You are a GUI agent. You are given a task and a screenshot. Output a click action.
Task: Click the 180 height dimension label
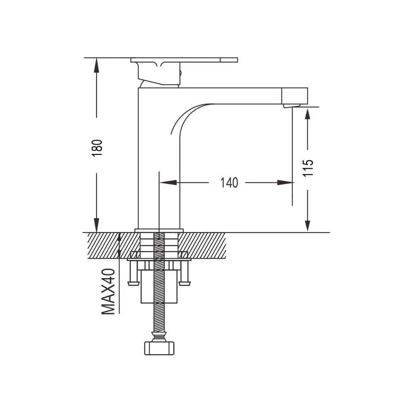[x=97, y=148]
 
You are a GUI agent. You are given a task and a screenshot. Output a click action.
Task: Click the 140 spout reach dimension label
[x=229, y=183]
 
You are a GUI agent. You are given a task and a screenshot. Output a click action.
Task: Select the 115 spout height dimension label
[x=308, y=168]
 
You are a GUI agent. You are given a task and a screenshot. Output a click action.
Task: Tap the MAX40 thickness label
[x=108, y=291]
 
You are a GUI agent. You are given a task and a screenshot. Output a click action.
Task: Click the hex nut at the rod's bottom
[x=159, y=348]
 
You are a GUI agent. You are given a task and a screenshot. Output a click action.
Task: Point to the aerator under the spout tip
[x=292, y=106]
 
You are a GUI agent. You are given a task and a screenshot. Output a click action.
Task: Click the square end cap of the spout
[x=295, y=96]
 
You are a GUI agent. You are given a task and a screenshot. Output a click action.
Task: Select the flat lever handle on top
[x=184, y=60]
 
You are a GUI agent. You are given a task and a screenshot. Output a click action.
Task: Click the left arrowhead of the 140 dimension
[x=168, y=182]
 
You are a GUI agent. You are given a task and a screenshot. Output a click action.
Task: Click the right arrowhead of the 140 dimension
[x=285, y=182]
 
